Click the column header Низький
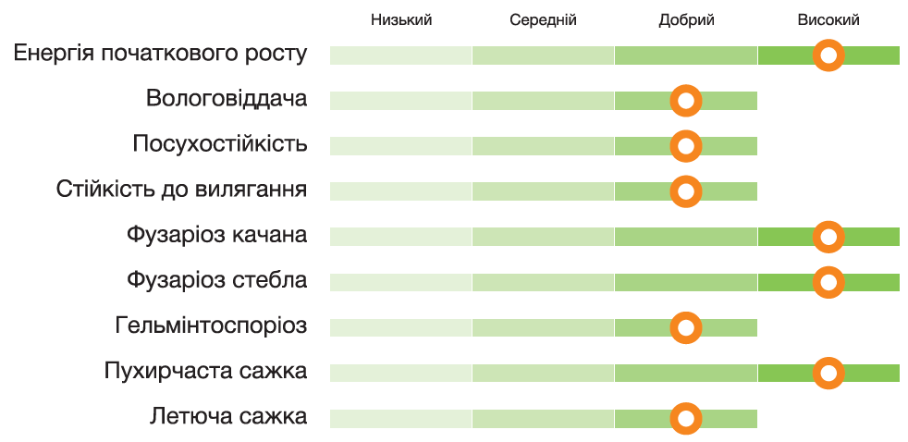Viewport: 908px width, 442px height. (400, 20)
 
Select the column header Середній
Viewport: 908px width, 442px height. (543, 20)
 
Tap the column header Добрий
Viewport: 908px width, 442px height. (686, 20)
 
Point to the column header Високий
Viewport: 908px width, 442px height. (828, 20)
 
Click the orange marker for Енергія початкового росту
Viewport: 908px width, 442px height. (828, 55)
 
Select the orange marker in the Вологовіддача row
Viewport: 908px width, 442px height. (686, 101)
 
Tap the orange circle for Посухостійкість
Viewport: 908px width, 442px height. (686, 146)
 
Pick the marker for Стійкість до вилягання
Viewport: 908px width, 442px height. (686, 191)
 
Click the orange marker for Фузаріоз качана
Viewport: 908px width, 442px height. (828, 237)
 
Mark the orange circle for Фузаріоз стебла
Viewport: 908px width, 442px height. (828, 282)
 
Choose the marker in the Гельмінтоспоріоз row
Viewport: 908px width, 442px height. (686, 327)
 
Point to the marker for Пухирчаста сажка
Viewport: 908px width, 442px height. (828, 373)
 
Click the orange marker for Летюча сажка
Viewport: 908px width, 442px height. (686, 418)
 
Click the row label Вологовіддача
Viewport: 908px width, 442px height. (226, 99)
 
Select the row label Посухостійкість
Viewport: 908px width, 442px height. (219, 144)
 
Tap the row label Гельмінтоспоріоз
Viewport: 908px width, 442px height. (211, 326)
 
